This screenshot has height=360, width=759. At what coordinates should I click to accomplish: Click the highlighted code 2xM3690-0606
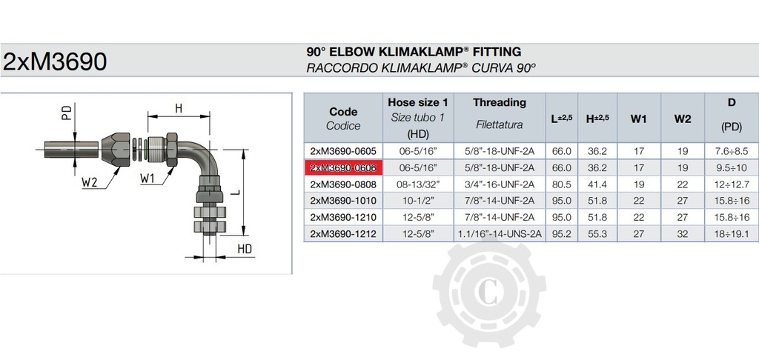(343, 168)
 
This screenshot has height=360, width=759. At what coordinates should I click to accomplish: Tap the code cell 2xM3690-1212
(343, 234)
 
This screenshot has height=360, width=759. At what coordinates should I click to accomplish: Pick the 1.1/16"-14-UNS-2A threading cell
(500, 234)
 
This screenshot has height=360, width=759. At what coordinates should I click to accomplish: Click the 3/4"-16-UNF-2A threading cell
(500, 184)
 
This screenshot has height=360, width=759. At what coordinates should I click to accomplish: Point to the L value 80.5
(562, 184)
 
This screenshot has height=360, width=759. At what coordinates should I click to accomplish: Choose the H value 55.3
(597, 234)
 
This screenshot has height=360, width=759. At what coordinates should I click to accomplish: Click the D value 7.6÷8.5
(732, 151)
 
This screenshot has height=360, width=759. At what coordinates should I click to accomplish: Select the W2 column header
(683, 119)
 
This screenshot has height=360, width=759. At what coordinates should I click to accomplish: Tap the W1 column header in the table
(638, 119)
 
